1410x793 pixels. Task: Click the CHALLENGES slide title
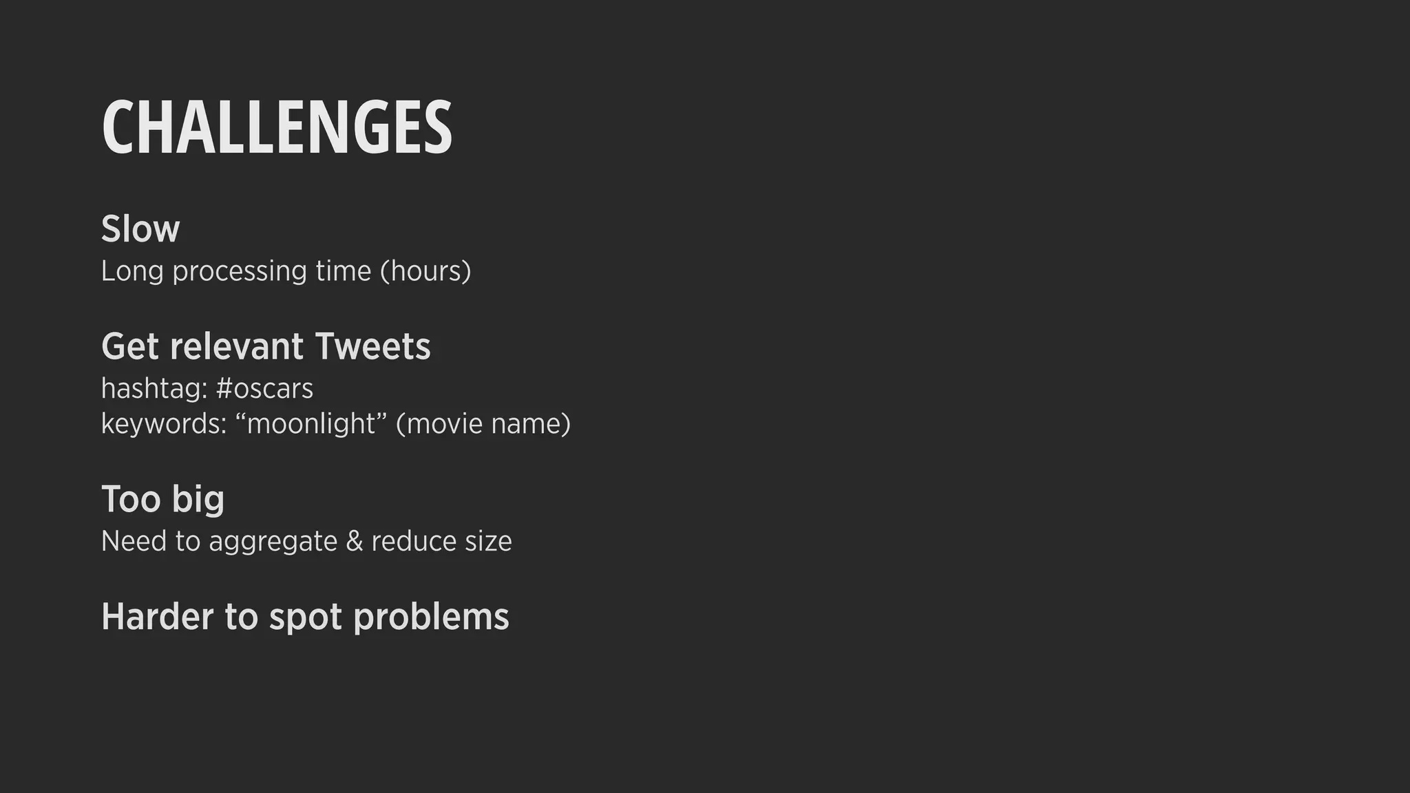click(x=277, y=128)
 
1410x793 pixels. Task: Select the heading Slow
click(x=140, y=229)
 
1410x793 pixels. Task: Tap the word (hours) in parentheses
click(x=425, y=271)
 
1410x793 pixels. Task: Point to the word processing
click(x=239, y=271)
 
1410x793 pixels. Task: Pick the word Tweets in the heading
click(x=372, y=346)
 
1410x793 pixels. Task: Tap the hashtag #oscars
click(x=264, y=389)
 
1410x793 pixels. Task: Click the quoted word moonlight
click(x=312, y=424)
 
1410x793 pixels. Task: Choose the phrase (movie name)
click(x=483, y=424)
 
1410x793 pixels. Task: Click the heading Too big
click(x=163, y=499)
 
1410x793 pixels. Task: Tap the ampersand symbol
click(x=355, y=541)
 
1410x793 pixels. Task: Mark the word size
click(x=488, y=542)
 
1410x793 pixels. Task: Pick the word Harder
click(x=158, y=616)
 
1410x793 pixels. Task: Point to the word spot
click(x=305, y=617)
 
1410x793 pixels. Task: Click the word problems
click(x=431, y=617)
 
